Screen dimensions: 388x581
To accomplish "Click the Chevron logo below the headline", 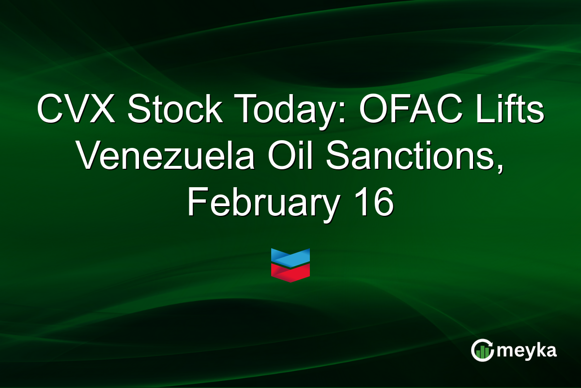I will pos(290,265).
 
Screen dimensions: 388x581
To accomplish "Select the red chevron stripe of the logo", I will pos(290,273).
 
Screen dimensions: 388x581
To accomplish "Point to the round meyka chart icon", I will pos(482,350).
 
